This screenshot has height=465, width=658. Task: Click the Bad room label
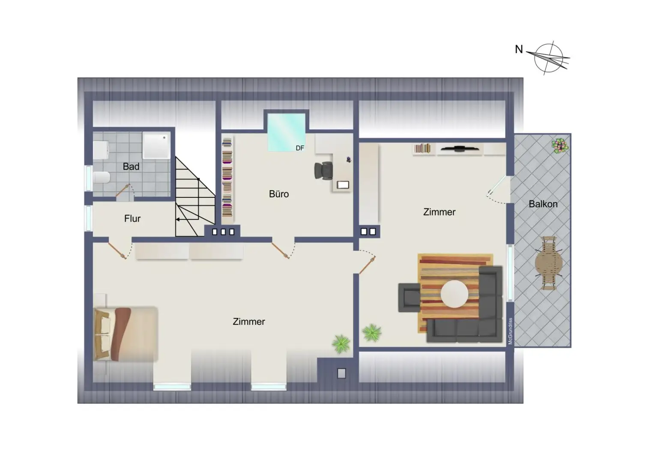[131, 167]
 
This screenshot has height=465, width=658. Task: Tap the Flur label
[132, 219]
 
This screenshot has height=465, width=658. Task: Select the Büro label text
[279, 194]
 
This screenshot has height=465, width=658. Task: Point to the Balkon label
[543, 204]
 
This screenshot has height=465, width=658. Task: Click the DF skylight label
[300, 148]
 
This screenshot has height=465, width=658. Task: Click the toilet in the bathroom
[102, 177]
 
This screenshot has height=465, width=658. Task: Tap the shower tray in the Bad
[156, 145]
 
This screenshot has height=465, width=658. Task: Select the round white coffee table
[455, 294]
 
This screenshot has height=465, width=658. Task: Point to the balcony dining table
[549, 263]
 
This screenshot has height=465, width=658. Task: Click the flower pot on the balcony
[560, 146]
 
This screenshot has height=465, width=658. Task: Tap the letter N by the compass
[519, 50]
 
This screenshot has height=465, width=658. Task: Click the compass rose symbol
[549, 57]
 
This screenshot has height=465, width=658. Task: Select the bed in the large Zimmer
[125, 334]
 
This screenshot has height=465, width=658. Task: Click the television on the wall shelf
[460, 149]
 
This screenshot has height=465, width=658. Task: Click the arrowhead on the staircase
[178, 220]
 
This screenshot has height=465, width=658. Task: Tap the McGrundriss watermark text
[510, 331]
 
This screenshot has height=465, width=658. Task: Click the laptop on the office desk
[343, 185]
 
